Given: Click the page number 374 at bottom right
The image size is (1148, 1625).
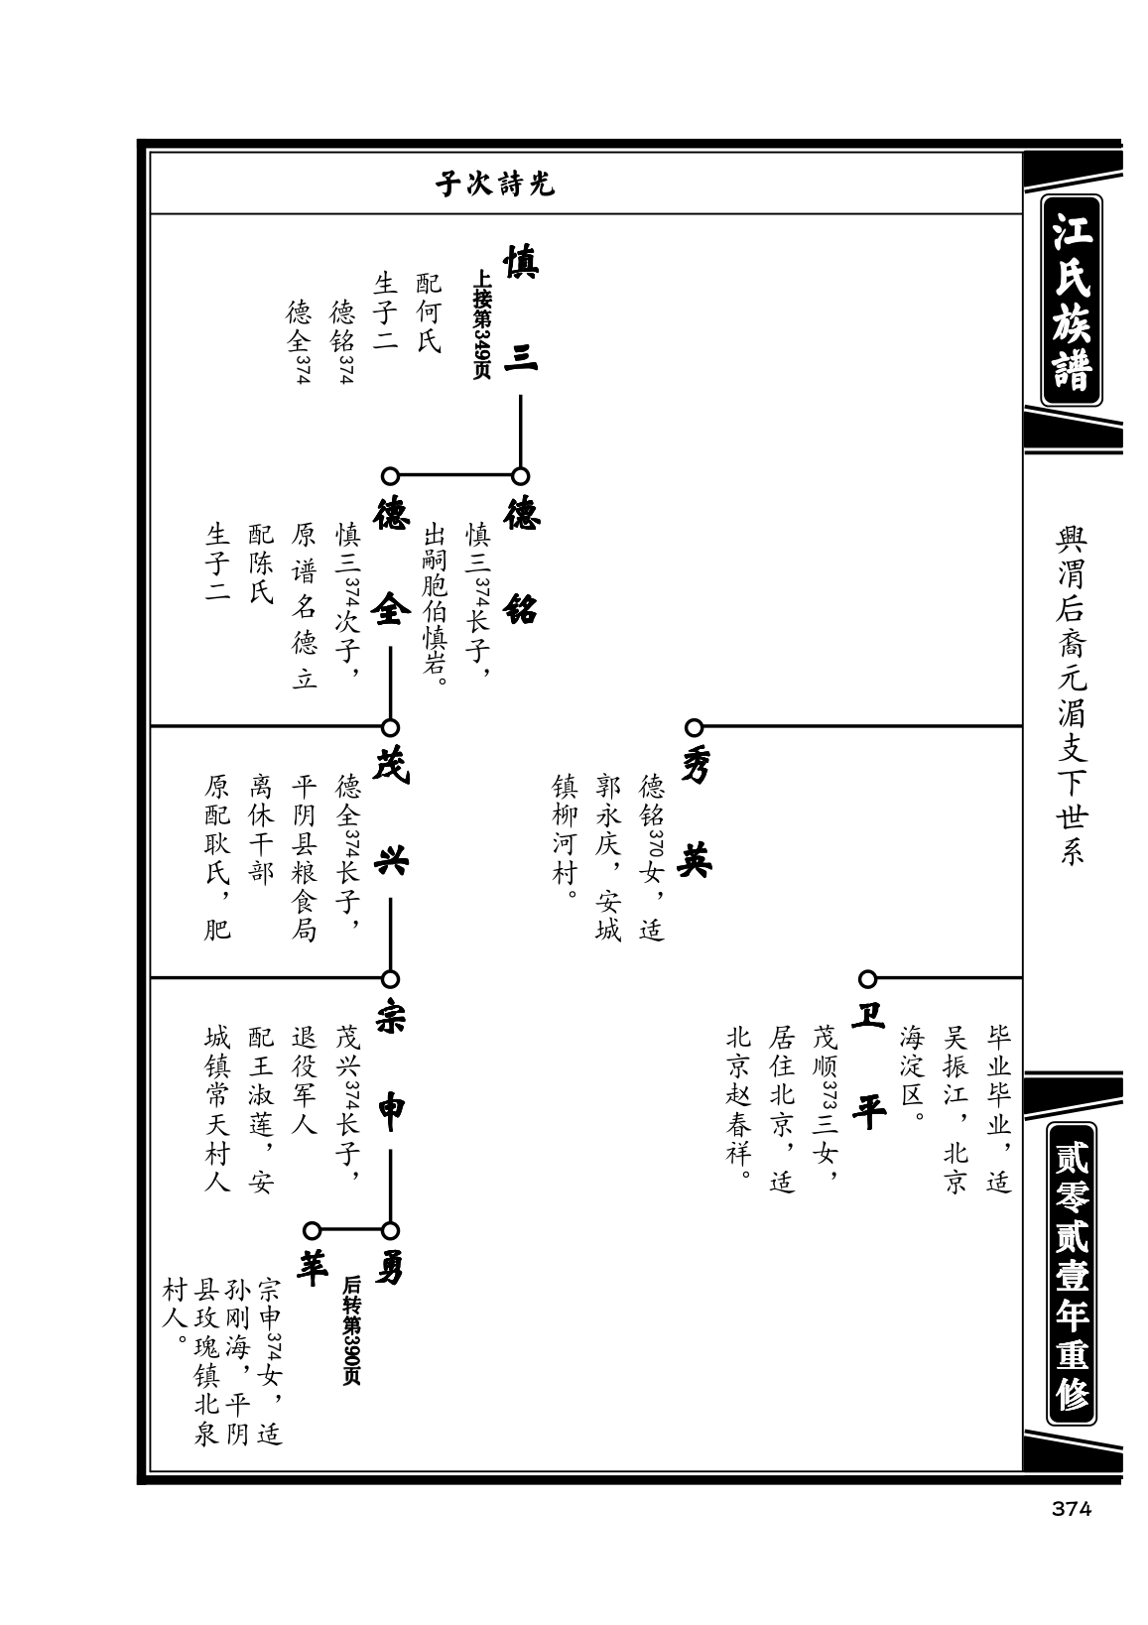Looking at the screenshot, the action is (1071, 1509).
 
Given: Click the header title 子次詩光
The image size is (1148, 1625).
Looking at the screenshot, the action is (495, 185).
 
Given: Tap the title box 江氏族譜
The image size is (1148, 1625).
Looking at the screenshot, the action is (1072, 300).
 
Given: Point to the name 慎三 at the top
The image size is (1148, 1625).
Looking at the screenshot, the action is (521, 309).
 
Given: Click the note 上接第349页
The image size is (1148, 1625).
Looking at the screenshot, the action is (482, 324).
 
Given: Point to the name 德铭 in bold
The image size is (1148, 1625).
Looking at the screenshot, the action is (521, 559).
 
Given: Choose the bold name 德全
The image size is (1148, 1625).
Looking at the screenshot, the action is (390, 559).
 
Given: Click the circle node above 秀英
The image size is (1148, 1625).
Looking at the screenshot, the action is (695, 727).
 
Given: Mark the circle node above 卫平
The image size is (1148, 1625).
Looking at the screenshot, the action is (868, 979).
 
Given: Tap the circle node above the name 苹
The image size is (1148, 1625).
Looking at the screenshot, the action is (312, 1231).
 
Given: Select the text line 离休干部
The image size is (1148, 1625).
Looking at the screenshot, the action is (261, 828).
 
